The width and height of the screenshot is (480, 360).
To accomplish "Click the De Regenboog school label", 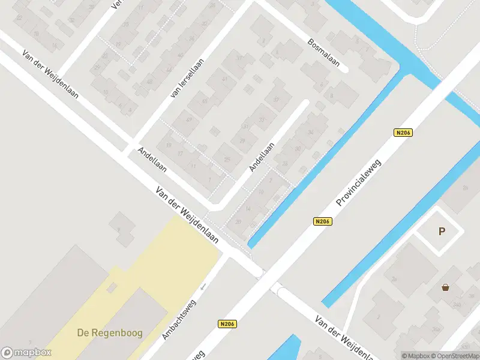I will (x=109, y=332).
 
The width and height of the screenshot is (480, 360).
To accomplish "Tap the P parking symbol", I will (x=442, y=232).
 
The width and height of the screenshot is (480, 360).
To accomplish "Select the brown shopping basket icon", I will (x=445, y=288).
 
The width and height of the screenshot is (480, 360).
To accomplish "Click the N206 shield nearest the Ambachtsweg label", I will (x=227, y=324).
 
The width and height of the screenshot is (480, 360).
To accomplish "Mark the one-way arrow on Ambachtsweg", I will (x=203, y=286).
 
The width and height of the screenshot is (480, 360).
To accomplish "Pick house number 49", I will (x=189, y=120).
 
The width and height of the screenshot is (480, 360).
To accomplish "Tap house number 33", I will (x=262, y=120).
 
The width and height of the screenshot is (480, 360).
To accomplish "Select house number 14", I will (x=248, y=209).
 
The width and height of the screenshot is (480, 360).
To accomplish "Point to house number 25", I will (x=227, y=159).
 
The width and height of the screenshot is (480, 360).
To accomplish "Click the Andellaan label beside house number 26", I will (x=262, y=157).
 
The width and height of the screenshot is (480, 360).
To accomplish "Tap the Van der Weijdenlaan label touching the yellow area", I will (x=187, y=214).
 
